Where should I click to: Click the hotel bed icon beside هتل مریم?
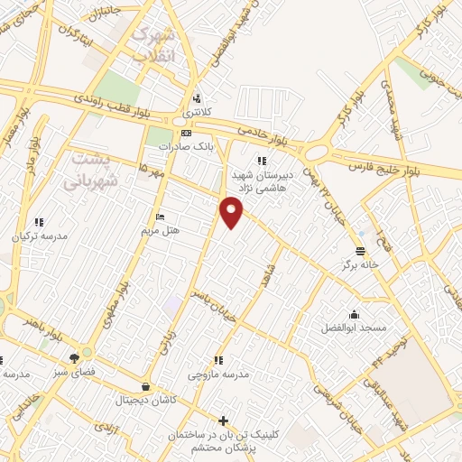[x=160, y=217]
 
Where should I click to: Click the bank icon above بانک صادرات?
[x=186, y=134]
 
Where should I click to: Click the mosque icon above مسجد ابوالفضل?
[x=353, y=313]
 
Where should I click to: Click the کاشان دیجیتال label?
[x=146, y=400]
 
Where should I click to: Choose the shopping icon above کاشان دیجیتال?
[x=147, y=384]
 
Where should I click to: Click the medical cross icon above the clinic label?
[x=224, y=420]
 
